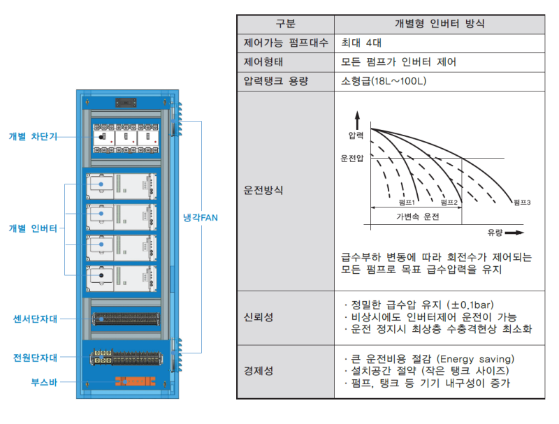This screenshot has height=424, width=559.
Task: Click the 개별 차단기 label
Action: [x=33, y=136]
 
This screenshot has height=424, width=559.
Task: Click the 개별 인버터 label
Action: [x=33, y=228]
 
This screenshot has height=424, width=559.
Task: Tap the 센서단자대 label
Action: [x=35, y=319]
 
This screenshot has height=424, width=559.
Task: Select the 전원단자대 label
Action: [x=35, y=358]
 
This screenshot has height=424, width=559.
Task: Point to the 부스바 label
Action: [x=44, y=382]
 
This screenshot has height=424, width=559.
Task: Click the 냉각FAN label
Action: [x=200, y=218]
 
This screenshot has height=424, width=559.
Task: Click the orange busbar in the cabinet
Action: [x=135, y=381]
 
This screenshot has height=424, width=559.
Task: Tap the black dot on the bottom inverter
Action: [x=101, y=275]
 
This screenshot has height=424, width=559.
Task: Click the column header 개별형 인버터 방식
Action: [x=440, y=24]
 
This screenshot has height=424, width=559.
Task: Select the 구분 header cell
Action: [x=286, y=24]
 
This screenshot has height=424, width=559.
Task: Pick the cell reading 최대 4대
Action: [x=361, y=43]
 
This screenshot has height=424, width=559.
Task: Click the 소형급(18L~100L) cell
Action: [x=384, y=81]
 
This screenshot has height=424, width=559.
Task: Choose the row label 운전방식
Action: [x=263, y=190]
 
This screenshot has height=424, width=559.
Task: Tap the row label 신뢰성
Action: [x=259, y=317]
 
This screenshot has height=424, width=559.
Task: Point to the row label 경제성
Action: [x=259, y=371]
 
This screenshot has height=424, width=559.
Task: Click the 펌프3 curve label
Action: [x=522, y=203]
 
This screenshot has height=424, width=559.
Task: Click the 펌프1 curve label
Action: [x=407, y=203]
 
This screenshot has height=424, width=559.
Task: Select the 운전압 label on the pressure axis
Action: [x=352, y=158]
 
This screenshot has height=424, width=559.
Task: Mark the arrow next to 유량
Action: [x=514, y=233]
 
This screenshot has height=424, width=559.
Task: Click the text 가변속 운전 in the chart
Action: [x=417, y=217]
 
